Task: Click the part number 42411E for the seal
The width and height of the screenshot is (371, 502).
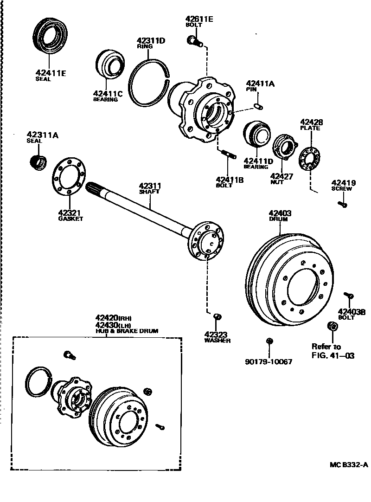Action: (51, 72)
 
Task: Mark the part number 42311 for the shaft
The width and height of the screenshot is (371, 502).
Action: (150, 186)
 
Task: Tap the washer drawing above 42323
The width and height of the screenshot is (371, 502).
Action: (217, 316)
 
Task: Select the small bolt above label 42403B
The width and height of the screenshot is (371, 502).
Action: (349, 295)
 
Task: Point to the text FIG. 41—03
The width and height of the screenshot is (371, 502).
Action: (333, 356)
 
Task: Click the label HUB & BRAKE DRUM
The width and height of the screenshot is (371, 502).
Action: (127, 331)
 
